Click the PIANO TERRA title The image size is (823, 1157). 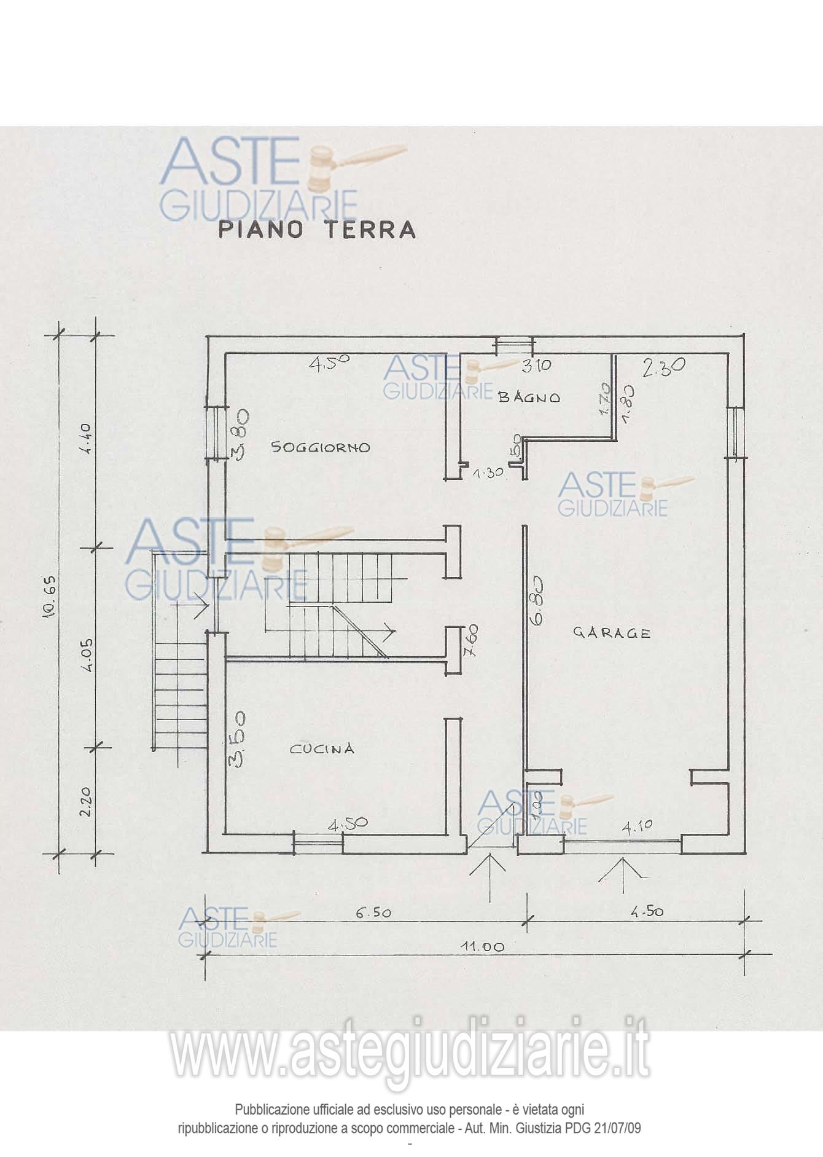317,230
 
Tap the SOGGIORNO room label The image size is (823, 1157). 321,447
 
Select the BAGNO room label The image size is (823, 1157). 529,398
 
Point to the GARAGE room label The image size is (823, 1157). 612,632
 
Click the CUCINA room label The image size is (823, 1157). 322,748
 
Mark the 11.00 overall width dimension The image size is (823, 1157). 483,947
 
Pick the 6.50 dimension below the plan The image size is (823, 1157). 373,912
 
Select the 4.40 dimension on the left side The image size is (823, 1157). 87,439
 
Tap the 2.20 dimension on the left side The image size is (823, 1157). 87,801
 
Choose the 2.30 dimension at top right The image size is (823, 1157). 664,367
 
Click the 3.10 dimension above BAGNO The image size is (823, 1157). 536,366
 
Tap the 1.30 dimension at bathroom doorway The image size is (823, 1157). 488,473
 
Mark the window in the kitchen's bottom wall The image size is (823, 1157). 318,843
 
